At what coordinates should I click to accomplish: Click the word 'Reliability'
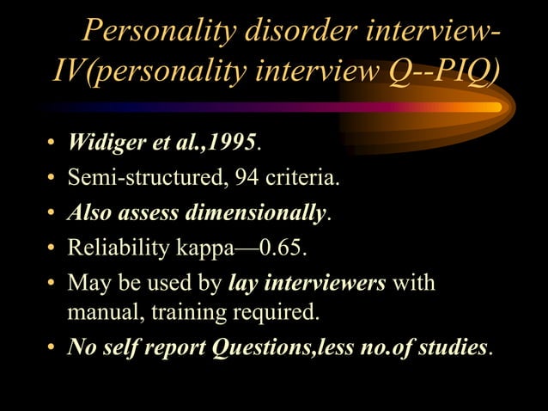click(115, 249)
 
